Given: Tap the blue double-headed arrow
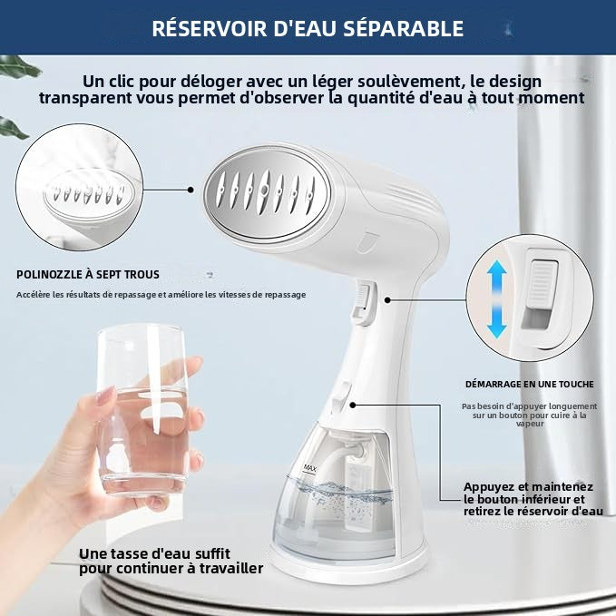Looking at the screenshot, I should pyautogui.click(x=495, y=298).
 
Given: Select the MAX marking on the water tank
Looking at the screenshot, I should pyautogui.click(x=309, y=468).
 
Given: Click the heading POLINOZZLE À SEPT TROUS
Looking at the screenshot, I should pyautogui.click(x=88, y=274).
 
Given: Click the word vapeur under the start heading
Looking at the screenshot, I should pyautogui.click(x=530, y=424).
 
